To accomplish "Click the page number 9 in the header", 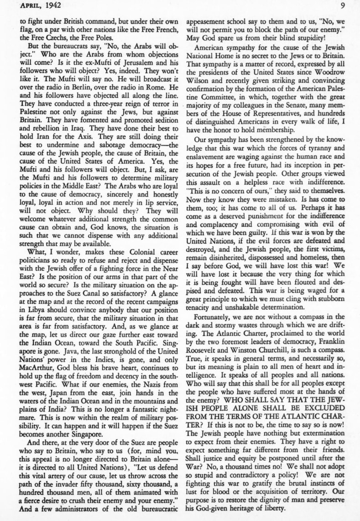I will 355,5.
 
